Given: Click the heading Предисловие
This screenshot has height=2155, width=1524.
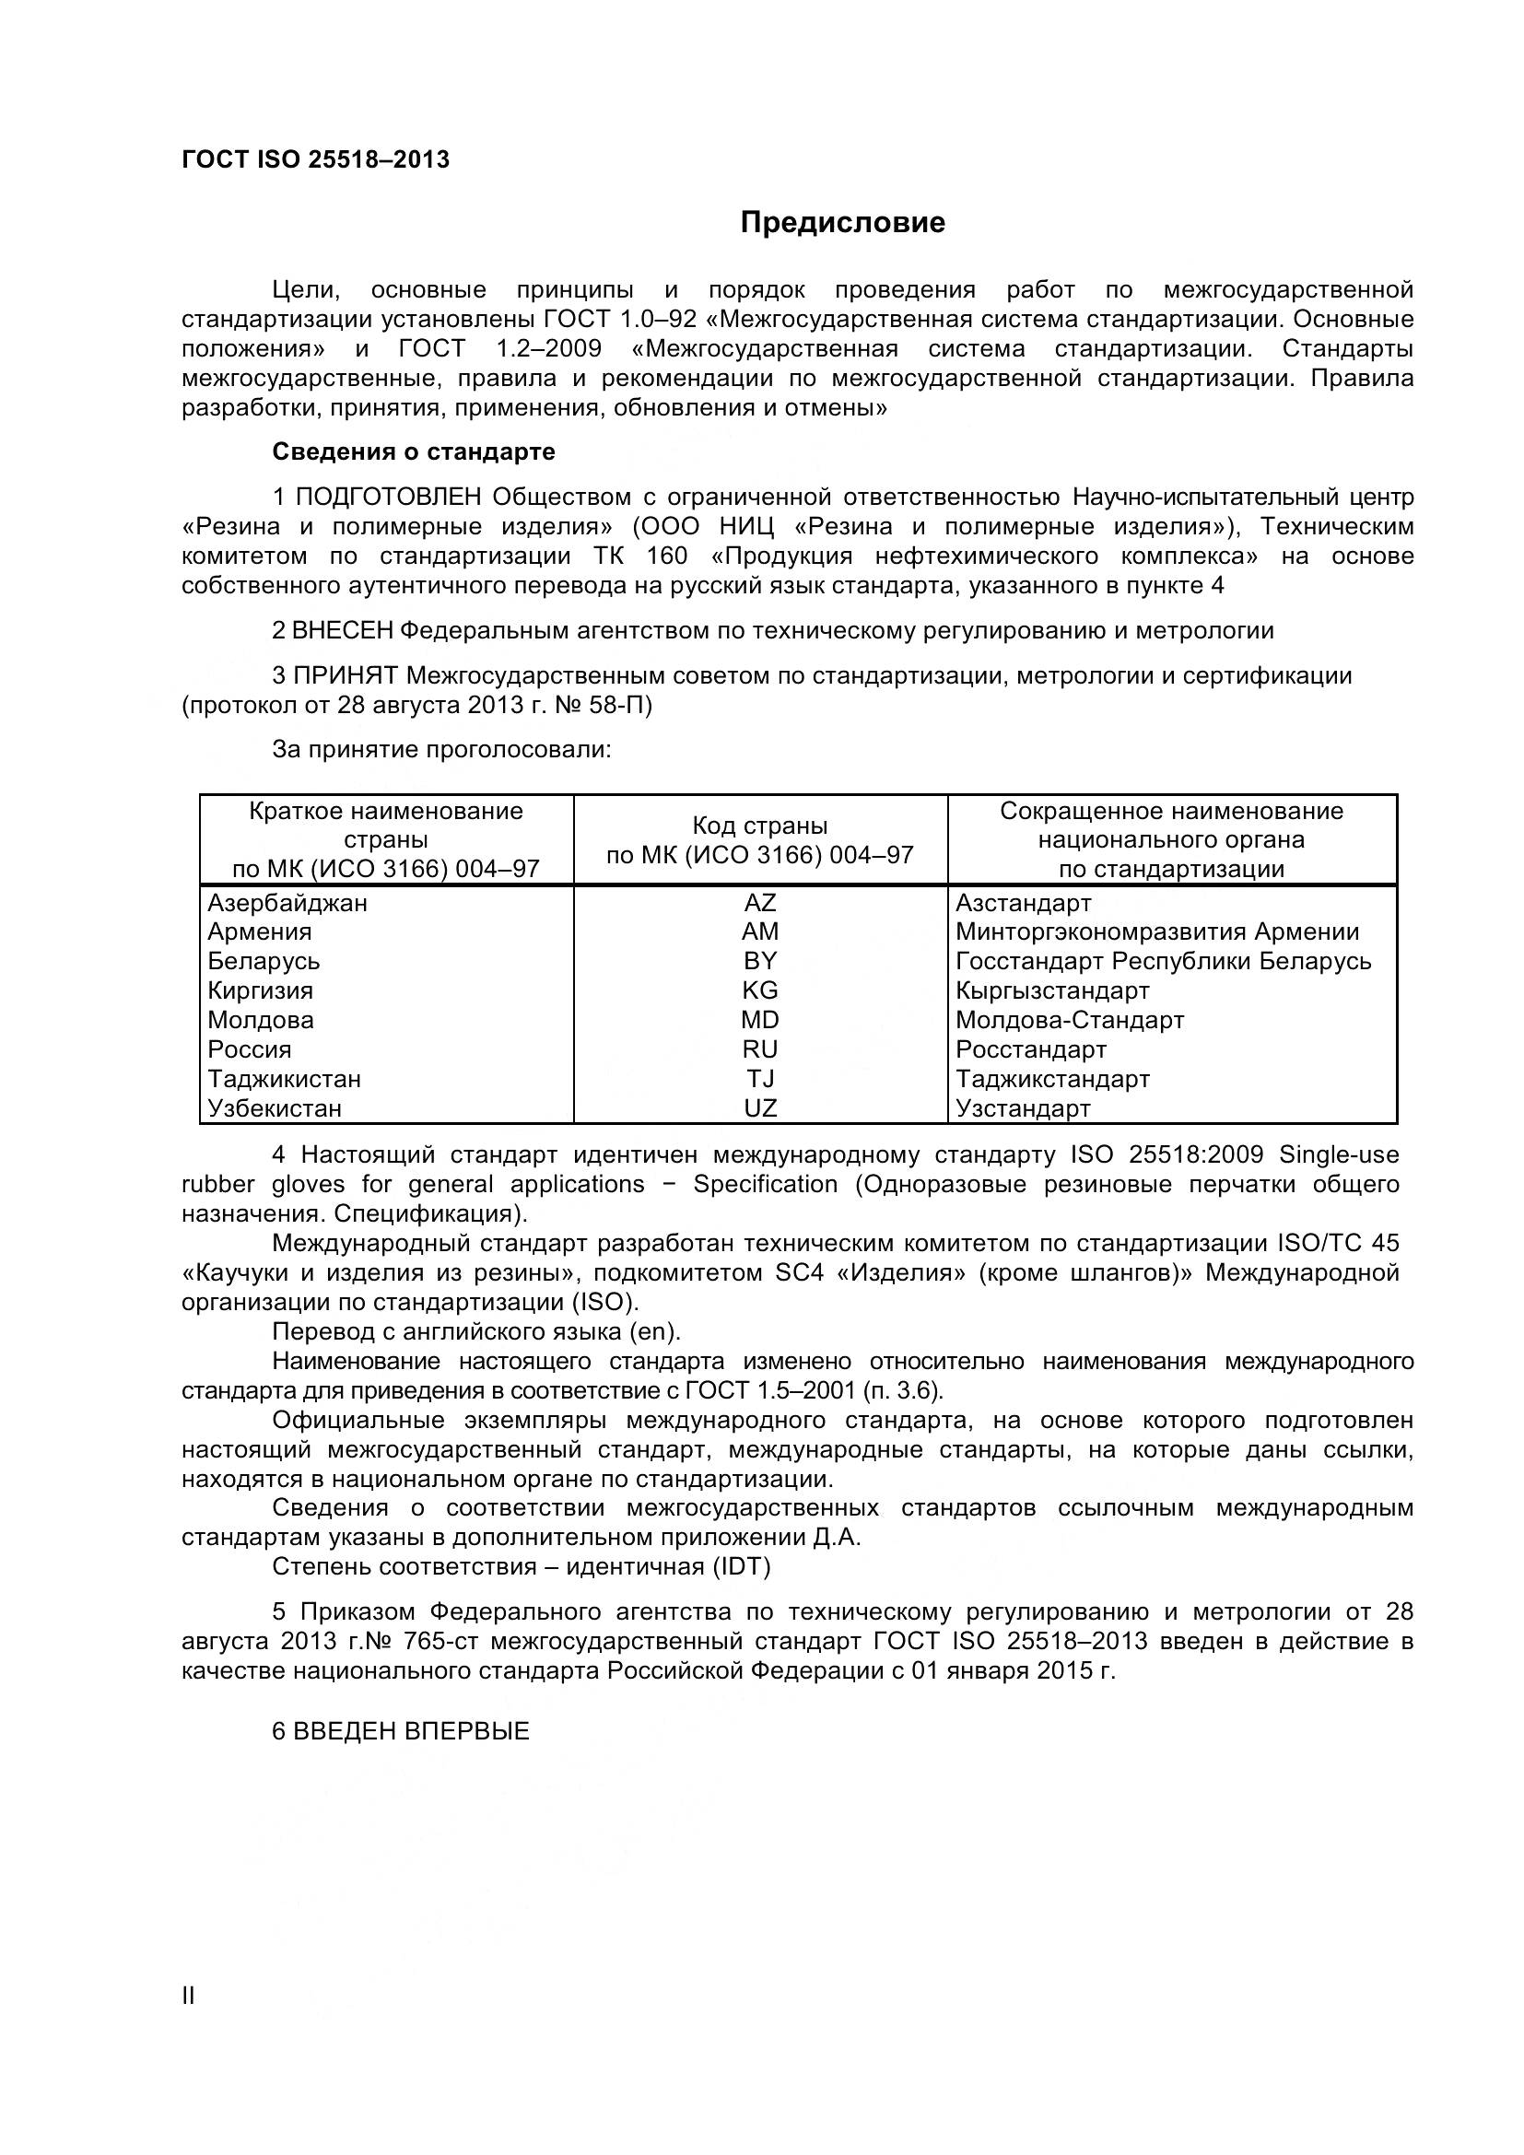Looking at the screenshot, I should tap(842, 222).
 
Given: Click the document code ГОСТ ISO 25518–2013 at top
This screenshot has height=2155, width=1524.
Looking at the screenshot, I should tap(315, 159).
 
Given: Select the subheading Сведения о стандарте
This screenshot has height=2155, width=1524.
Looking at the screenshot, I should tap(413, 451).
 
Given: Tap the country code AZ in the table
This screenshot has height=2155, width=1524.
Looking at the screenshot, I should tap(759, 903).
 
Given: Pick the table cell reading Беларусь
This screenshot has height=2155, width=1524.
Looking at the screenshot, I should tap(264, 961).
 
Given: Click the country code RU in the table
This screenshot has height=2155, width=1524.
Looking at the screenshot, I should tap(759, 1049).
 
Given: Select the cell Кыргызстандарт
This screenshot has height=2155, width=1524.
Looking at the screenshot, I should tap(1052, 990).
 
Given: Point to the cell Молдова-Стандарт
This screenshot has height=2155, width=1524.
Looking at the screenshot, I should tap(1070, 1020).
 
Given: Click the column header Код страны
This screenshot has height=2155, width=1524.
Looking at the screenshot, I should tap(759, 826).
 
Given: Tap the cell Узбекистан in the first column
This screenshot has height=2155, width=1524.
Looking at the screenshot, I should tap(274, 1108).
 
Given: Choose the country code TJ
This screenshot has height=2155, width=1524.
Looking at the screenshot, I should tap(759, 1080).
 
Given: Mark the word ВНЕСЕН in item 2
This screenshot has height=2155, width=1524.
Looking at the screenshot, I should tap(343, 631).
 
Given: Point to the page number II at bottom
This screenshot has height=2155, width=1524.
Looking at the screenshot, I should tap(188, 1997).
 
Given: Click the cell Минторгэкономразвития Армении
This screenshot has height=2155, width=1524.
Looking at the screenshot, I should tap(1156, 932).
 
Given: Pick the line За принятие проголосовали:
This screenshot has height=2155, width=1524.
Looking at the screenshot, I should tap(441, 749).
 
